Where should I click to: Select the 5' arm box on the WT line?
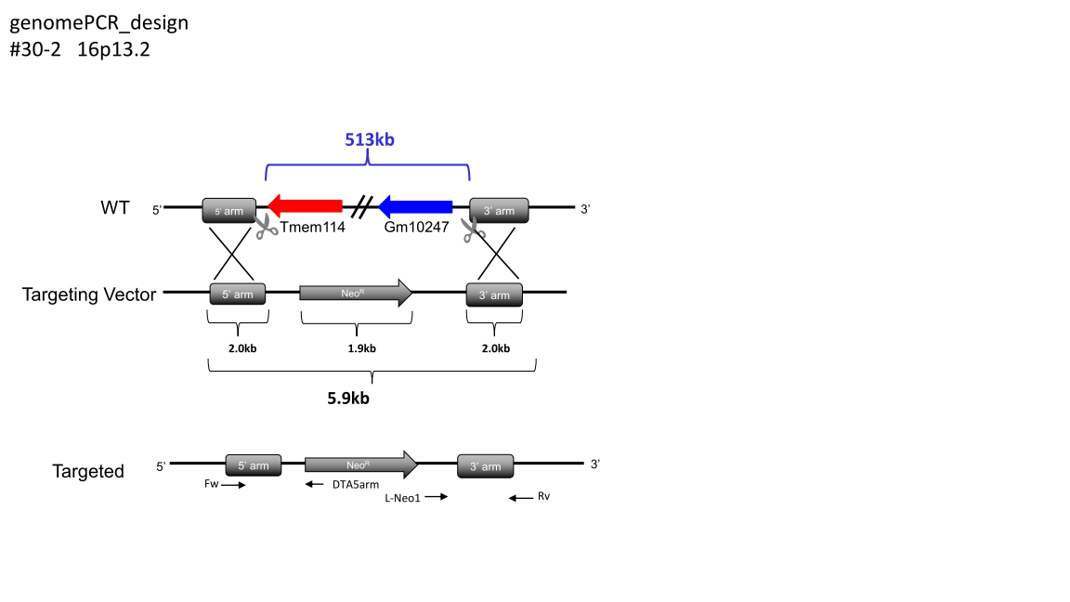click(x=228, y=211)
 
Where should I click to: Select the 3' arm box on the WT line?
click(x=499, y=211)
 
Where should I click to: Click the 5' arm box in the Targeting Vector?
click(x=239, y=295)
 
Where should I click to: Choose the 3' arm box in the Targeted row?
click(x=486, y=466)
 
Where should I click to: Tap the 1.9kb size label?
click(x=362, y=348)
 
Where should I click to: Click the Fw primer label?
click(x=211, y=484)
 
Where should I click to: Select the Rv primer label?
click(x=544, y=497)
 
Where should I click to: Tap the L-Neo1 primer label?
click(x=403, y=498)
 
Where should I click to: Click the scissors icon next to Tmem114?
click(x=267, y=227)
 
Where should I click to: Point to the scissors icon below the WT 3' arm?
click(x=475, y=228)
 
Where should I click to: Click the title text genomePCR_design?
click(x=98, y=22)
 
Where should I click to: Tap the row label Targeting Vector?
click(x=89, y=295)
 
